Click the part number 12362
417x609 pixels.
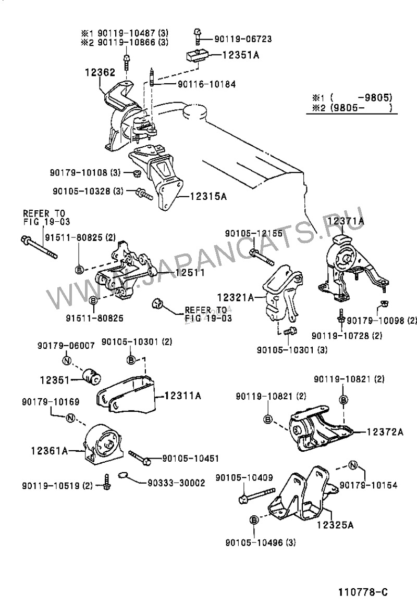[100, 73]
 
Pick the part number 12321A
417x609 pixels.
[235, 297]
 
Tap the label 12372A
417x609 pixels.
[385, 432]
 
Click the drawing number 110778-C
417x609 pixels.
[363, 592]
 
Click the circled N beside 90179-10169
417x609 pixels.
[71, 417]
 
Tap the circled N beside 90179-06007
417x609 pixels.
[67, 360]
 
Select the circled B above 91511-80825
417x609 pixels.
[93, 300]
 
